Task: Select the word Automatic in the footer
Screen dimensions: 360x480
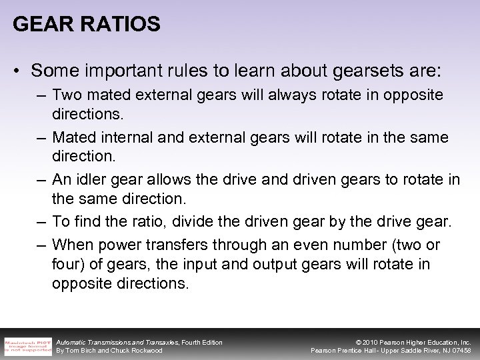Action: coord(75,342)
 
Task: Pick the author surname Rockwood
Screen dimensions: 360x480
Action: coord(147,351)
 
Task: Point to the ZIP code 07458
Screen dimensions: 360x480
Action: coord(459,351)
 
